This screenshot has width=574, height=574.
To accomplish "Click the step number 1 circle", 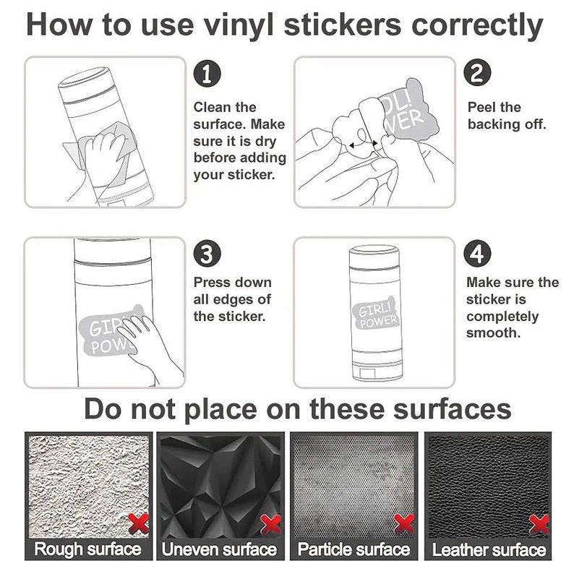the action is pos(207,74).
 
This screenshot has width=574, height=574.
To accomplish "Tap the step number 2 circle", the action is pos(477,72).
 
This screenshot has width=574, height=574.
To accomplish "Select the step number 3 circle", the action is pos(207,254).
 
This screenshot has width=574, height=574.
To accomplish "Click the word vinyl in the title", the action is pos(239,26).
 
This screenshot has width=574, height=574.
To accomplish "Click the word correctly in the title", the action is pos(477,26).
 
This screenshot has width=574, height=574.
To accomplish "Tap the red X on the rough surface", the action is pos(139,523).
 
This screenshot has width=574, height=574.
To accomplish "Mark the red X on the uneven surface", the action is pos(270,525).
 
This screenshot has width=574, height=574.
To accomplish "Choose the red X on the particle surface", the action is pos(404,523).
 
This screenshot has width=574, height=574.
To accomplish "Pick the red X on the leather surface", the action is pos(539,524).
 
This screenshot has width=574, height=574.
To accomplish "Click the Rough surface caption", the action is pos(88,549).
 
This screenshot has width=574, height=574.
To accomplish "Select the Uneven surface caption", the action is pos(219,549).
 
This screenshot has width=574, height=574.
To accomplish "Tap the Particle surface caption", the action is pos(354,549).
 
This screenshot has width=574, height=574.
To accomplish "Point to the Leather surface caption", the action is pos(489,549).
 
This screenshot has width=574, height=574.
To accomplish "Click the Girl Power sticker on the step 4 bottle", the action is pos(375,313).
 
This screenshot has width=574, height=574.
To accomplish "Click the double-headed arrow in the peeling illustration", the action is pos(363,145).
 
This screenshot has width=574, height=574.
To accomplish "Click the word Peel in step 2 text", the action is pos(481,108).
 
